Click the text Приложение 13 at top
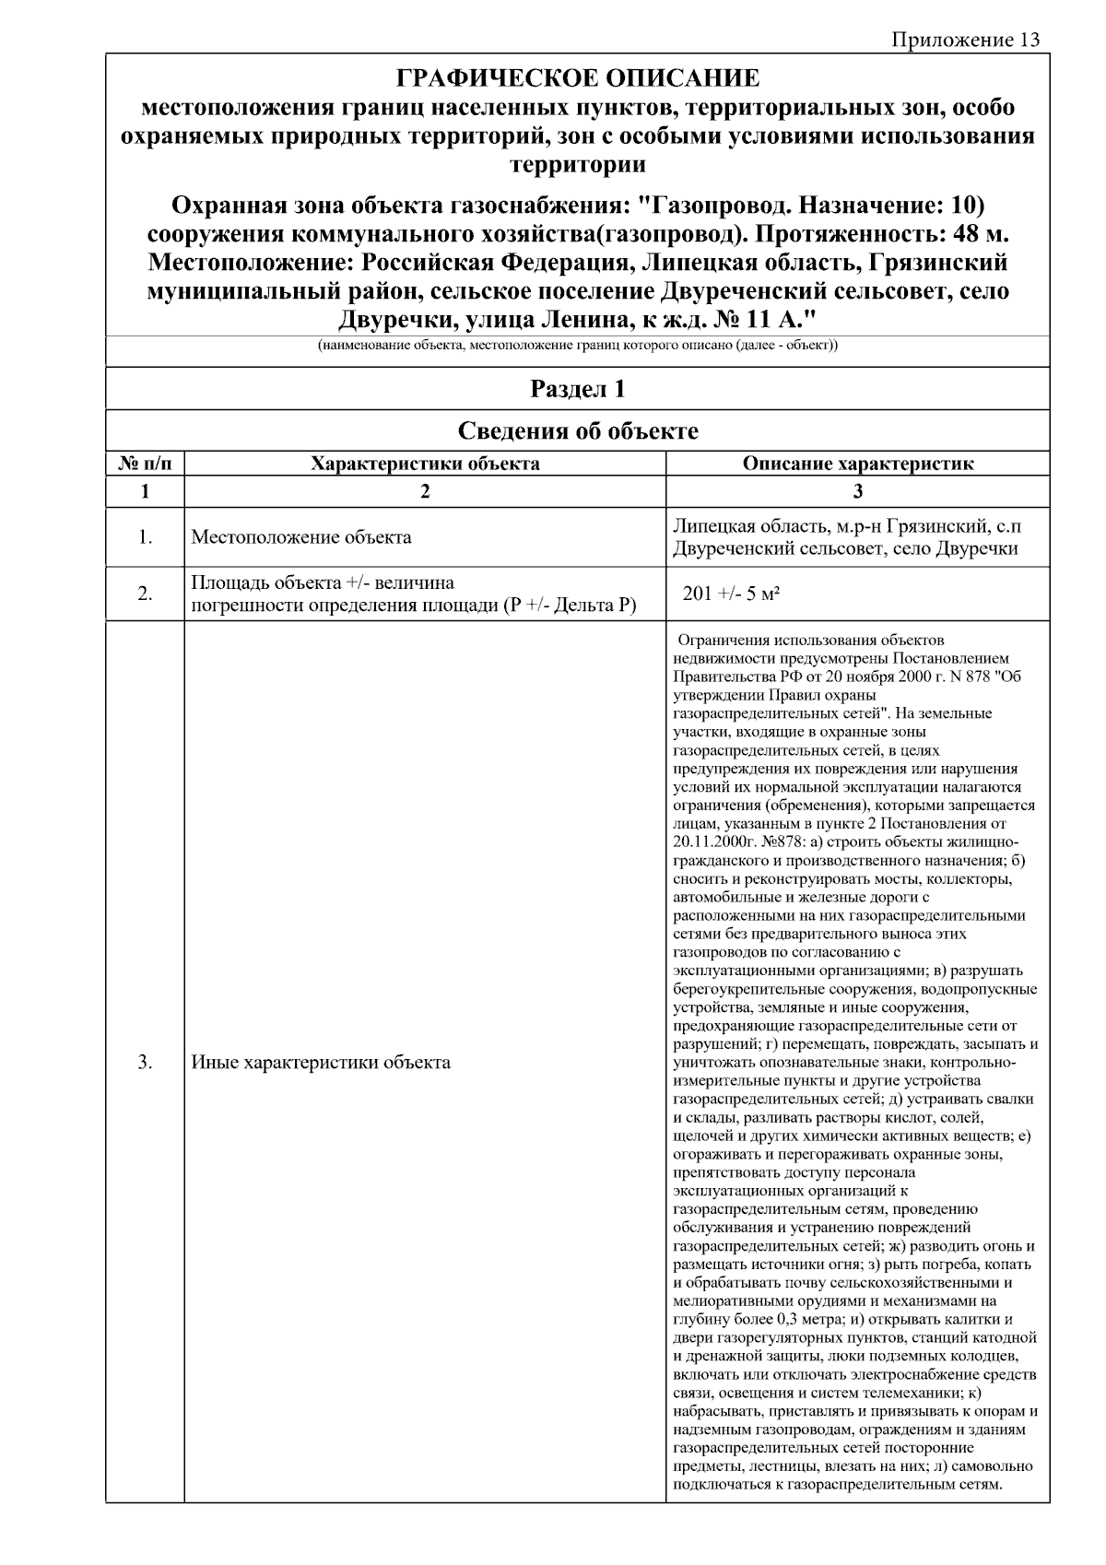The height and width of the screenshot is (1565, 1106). (x=965, y=40)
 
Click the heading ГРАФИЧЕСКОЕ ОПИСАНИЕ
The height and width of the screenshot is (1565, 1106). (x=578, y=77)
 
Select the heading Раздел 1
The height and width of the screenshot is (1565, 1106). (x=578, y=389)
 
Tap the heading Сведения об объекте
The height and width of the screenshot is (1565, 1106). (x=578, y=430)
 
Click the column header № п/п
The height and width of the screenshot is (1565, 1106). (x=145, y=464)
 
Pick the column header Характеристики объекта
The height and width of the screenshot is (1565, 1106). (x=425, y=464)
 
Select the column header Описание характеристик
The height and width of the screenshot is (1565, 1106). (x=857, y=464)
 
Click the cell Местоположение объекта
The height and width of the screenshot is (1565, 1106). (x=301, y=537)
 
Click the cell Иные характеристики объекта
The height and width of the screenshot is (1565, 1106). (x=321, y=1063)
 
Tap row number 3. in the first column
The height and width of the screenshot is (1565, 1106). (x=145, y=1063)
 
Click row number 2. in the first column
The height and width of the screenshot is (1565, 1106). (x=145, y=594)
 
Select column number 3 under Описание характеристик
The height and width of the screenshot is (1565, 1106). (x=857, y=491)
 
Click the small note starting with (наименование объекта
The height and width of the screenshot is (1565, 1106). (x=578, y=346)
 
